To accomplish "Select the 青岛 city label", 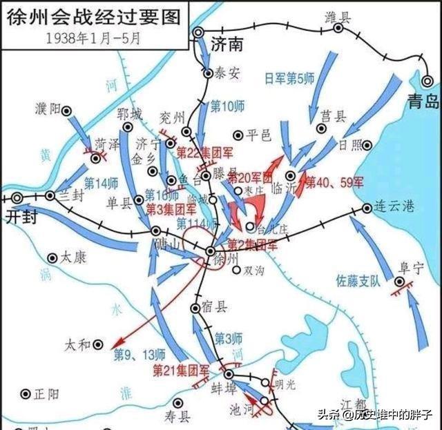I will pyautogui.click(x=423, y=102).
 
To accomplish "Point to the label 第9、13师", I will pyautogui.click(x=141, y=355).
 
